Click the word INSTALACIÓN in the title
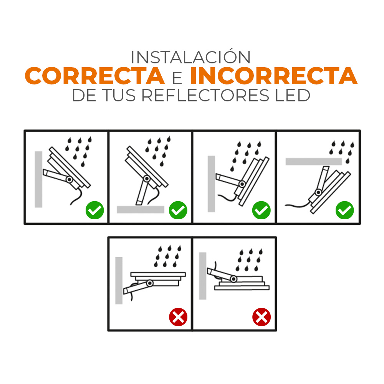(190, 57)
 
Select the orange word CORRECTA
(95, 76)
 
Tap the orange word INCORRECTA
(274, 76)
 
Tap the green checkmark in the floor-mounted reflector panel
(178, 210)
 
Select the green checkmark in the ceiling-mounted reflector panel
(344, 210)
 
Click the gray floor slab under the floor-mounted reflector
(141, 210)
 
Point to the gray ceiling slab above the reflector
(313, 161)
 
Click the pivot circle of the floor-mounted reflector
(146, 178)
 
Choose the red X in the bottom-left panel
(178, 317)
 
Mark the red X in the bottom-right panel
(262, 317)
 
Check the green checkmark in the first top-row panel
(95, 210)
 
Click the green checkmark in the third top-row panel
(262, 210)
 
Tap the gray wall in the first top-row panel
(38, 179)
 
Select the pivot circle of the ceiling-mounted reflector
(318, 192)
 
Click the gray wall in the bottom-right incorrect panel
(202, 276)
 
